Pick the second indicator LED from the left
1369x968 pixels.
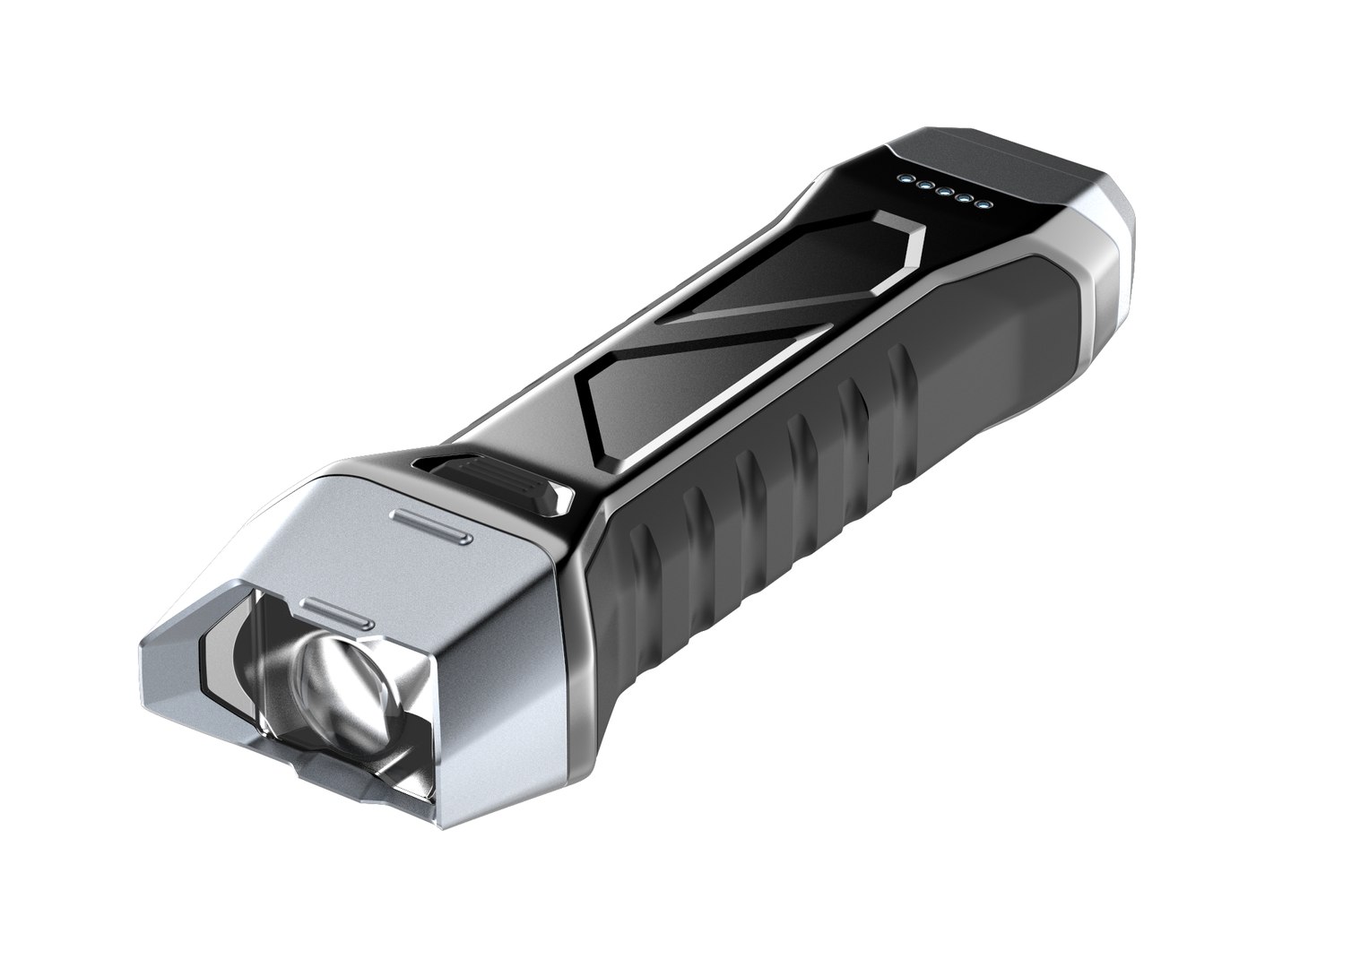pyautogui.click(x=922, y=186)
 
